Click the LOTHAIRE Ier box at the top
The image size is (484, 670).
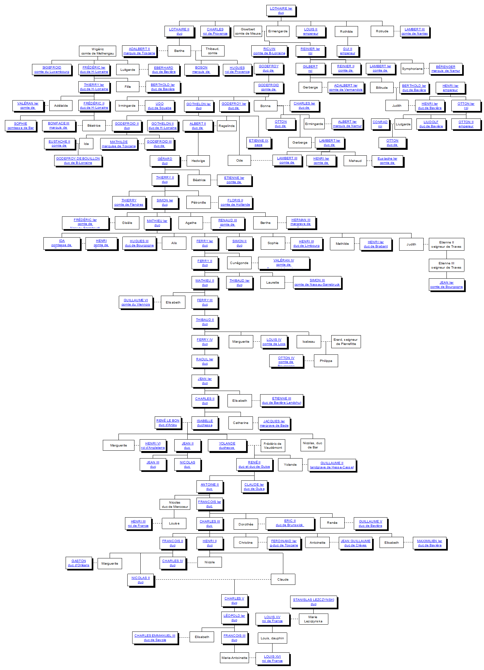point(281,10)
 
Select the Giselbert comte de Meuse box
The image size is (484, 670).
point(248,31)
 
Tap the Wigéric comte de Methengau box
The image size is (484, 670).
point(98,51)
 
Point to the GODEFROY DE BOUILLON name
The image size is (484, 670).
point(78,159)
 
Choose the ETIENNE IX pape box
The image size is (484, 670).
point(258,143)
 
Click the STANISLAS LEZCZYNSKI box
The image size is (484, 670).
point(313,602)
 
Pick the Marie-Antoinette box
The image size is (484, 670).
point(234,658)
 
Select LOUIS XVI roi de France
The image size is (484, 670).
point(272,659)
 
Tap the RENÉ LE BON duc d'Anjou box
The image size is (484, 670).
point(168,423)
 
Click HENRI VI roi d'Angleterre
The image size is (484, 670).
point(153,445)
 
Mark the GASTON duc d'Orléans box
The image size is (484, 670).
point(79,563)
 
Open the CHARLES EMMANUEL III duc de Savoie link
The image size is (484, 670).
point(155,638)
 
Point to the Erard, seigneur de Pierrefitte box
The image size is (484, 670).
point(346,342)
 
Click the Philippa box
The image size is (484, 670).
point(326,361)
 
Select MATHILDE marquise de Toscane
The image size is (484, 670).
point(118,144)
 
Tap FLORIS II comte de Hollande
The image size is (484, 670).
point(235,202)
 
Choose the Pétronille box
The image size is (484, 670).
point(198,202)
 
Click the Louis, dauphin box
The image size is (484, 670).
point(272,638)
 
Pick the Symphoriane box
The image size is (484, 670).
point(412,69)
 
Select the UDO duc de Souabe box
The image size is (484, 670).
point(160,106)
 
